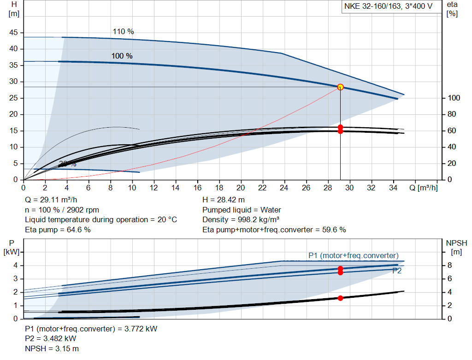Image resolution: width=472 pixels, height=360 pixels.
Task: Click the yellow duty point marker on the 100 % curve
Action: pyautogui.click(x=340, y=87)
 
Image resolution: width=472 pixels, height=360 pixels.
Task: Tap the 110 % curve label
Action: pyautogui.click(x=123, y=32)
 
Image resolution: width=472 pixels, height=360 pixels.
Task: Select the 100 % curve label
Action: pyautogui.click(x=122, y=56)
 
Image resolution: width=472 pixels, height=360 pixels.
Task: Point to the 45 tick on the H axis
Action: pyautogui.click(x=13, y=32)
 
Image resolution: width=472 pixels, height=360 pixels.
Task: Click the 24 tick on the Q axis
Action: pyautogui.click(x=284, y=188)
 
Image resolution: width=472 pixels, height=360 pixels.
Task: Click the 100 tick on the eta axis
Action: pyautogui.click(x=454, y=98)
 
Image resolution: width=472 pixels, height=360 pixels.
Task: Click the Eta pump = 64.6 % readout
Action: pyautogui.click(x=58, y=230)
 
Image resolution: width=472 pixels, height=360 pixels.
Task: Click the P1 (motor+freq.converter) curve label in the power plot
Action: pyautogui.click(x=354, y=256)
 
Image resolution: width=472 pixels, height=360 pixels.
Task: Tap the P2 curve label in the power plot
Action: pyautogui.click(x=397, y=271)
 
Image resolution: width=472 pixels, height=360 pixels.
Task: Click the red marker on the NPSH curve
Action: pyautogui.click(x=340, y=298)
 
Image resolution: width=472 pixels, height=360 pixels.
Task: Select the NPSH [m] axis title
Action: pyautogui.click(x=456, y=247)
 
